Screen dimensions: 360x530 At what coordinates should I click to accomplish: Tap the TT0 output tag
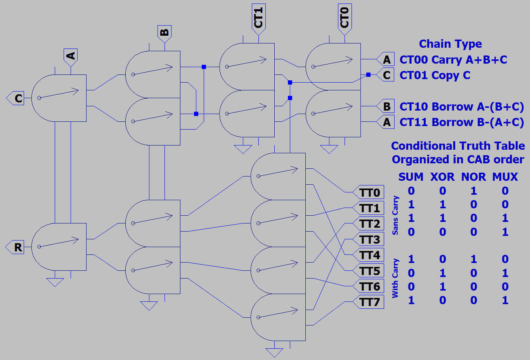pos(369,192)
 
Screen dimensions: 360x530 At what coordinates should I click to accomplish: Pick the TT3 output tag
pos(369,239)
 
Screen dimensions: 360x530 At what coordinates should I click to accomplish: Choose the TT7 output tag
pos(369,302)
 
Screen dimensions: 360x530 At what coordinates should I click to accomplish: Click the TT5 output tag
pos(369,271)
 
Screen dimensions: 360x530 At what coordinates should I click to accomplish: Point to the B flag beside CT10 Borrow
pos(386,106)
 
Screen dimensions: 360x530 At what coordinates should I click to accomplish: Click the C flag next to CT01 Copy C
pos(386,75)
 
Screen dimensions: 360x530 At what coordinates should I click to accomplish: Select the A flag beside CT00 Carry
pos(386,59)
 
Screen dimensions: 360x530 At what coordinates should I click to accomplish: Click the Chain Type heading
pos(450,44)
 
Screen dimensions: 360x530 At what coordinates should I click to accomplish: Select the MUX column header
pos(505,177)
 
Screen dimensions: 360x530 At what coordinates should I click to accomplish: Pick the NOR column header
pos(473,177)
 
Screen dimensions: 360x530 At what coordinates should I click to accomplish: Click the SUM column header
pos(410,177)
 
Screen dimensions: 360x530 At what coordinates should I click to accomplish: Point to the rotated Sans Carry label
pos(395,215)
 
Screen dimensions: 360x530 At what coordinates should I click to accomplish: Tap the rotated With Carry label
pos(395,278)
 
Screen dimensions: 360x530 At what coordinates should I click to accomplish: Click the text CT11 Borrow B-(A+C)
pos(462,122)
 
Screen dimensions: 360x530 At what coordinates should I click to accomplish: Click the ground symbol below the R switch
pos(55,282)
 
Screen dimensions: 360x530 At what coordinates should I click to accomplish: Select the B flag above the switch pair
pos(165,32)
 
